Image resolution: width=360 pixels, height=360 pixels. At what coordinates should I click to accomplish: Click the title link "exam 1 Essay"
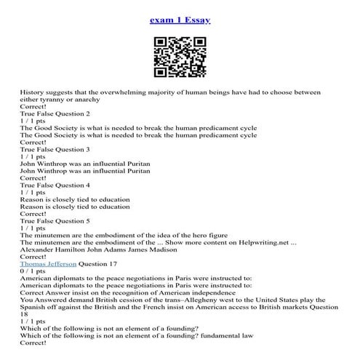coord(180,20)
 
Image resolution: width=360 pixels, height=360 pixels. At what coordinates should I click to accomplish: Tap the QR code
coord(179,56)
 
